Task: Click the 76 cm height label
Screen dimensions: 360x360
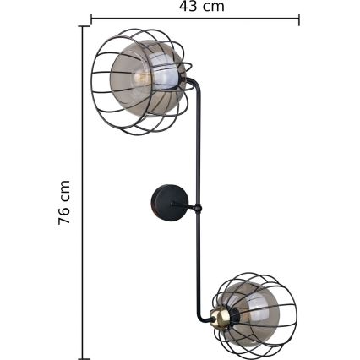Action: click(65, 202)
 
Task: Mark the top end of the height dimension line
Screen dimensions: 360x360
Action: click(82, 27)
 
